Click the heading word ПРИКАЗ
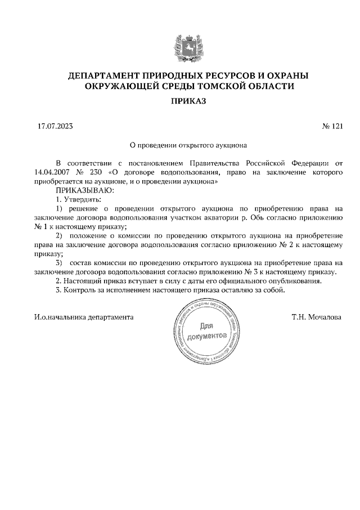(180, 101)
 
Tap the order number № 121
(331, 127)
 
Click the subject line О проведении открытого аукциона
(180, 144)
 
